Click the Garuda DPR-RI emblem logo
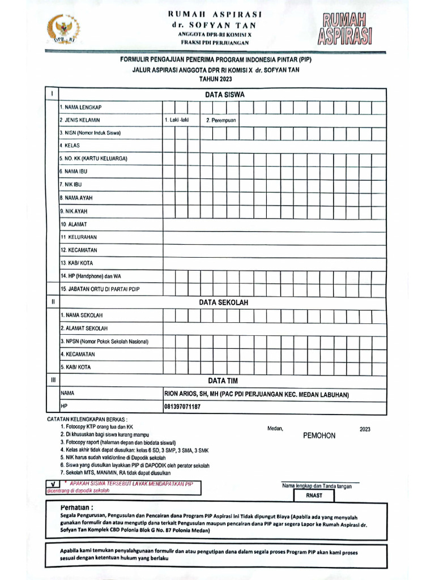(x=63, y=29)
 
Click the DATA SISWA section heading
(x=221, y=95)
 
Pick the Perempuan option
(x=221, y=120)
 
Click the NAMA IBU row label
(x=74, y=171)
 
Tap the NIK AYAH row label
(x=74, y=211)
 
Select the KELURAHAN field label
(x=79, y=237)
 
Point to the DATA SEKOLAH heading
(x=223, y=302)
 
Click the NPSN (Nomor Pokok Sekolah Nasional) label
(x=104, y=342)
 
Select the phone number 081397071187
(x=182, y=406)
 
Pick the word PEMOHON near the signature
(x=319, y=436)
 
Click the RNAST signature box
(x=313, y=496)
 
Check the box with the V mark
(x=53, y=484)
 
